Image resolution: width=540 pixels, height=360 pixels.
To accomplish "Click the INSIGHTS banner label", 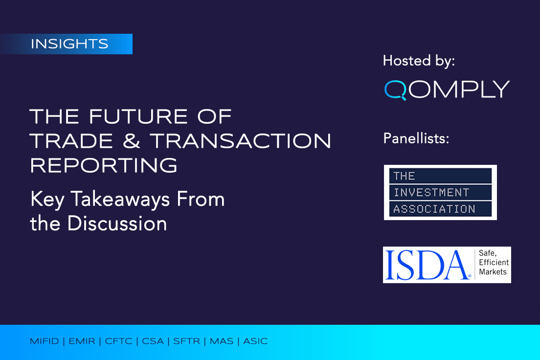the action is (69, 44).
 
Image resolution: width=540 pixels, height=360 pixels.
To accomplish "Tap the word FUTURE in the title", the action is (138, 116).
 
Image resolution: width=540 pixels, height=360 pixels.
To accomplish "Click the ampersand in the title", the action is (131, 141).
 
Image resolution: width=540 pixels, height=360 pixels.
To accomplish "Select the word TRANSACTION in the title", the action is (240, 141).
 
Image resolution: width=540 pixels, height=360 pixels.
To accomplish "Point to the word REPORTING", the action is (104, 166).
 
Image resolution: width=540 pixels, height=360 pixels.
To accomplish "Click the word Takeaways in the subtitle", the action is (120, 200).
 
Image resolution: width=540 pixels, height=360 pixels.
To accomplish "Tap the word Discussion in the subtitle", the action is (117, 224).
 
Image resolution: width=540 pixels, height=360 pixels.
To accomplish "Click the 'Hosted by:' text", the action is (419, 61).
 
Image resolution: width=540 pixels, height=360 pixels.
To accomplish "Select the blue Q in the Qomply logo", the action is (395, 90).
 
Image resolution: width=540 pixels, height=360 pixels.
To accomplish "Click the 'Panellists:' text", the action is (416, 138).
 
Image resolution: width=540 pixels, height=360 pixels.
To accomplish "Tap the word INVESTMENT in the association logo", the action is (431, 192).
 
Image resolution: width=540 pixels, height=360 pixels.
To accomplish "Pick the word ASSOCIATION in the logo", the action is (434, 209).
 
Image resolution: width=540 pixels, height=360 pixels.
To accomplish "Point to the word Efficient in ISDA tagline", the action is (494, 263).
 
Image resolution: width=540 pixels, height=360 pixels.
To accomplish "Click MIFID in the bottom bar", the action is (44, 341).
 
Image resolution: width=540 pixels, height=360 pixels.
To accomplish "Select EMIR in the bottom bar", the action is (82, 341).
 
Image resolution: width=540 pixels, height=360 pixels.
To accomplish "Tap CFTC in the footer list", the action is (118, 341).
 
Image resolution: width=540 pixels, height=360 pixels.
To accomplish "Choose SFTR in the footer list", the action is (186, 341).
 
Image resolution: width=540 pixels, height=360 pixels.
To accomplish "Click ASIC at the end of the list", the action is (255, 341).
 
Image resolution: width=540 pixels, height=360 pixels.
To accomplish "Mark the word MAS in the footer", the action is (222, 341).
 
